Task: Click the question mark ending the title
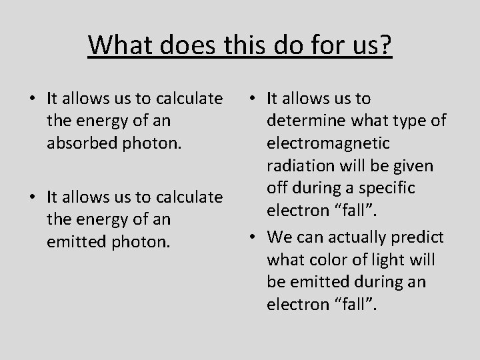386,45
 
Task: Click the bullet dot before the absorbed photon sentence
32,99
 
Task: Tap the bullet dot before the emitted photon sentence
32,197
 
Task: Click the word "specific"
389,188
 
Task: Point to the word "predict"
421,237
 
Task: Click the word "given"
414,165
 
